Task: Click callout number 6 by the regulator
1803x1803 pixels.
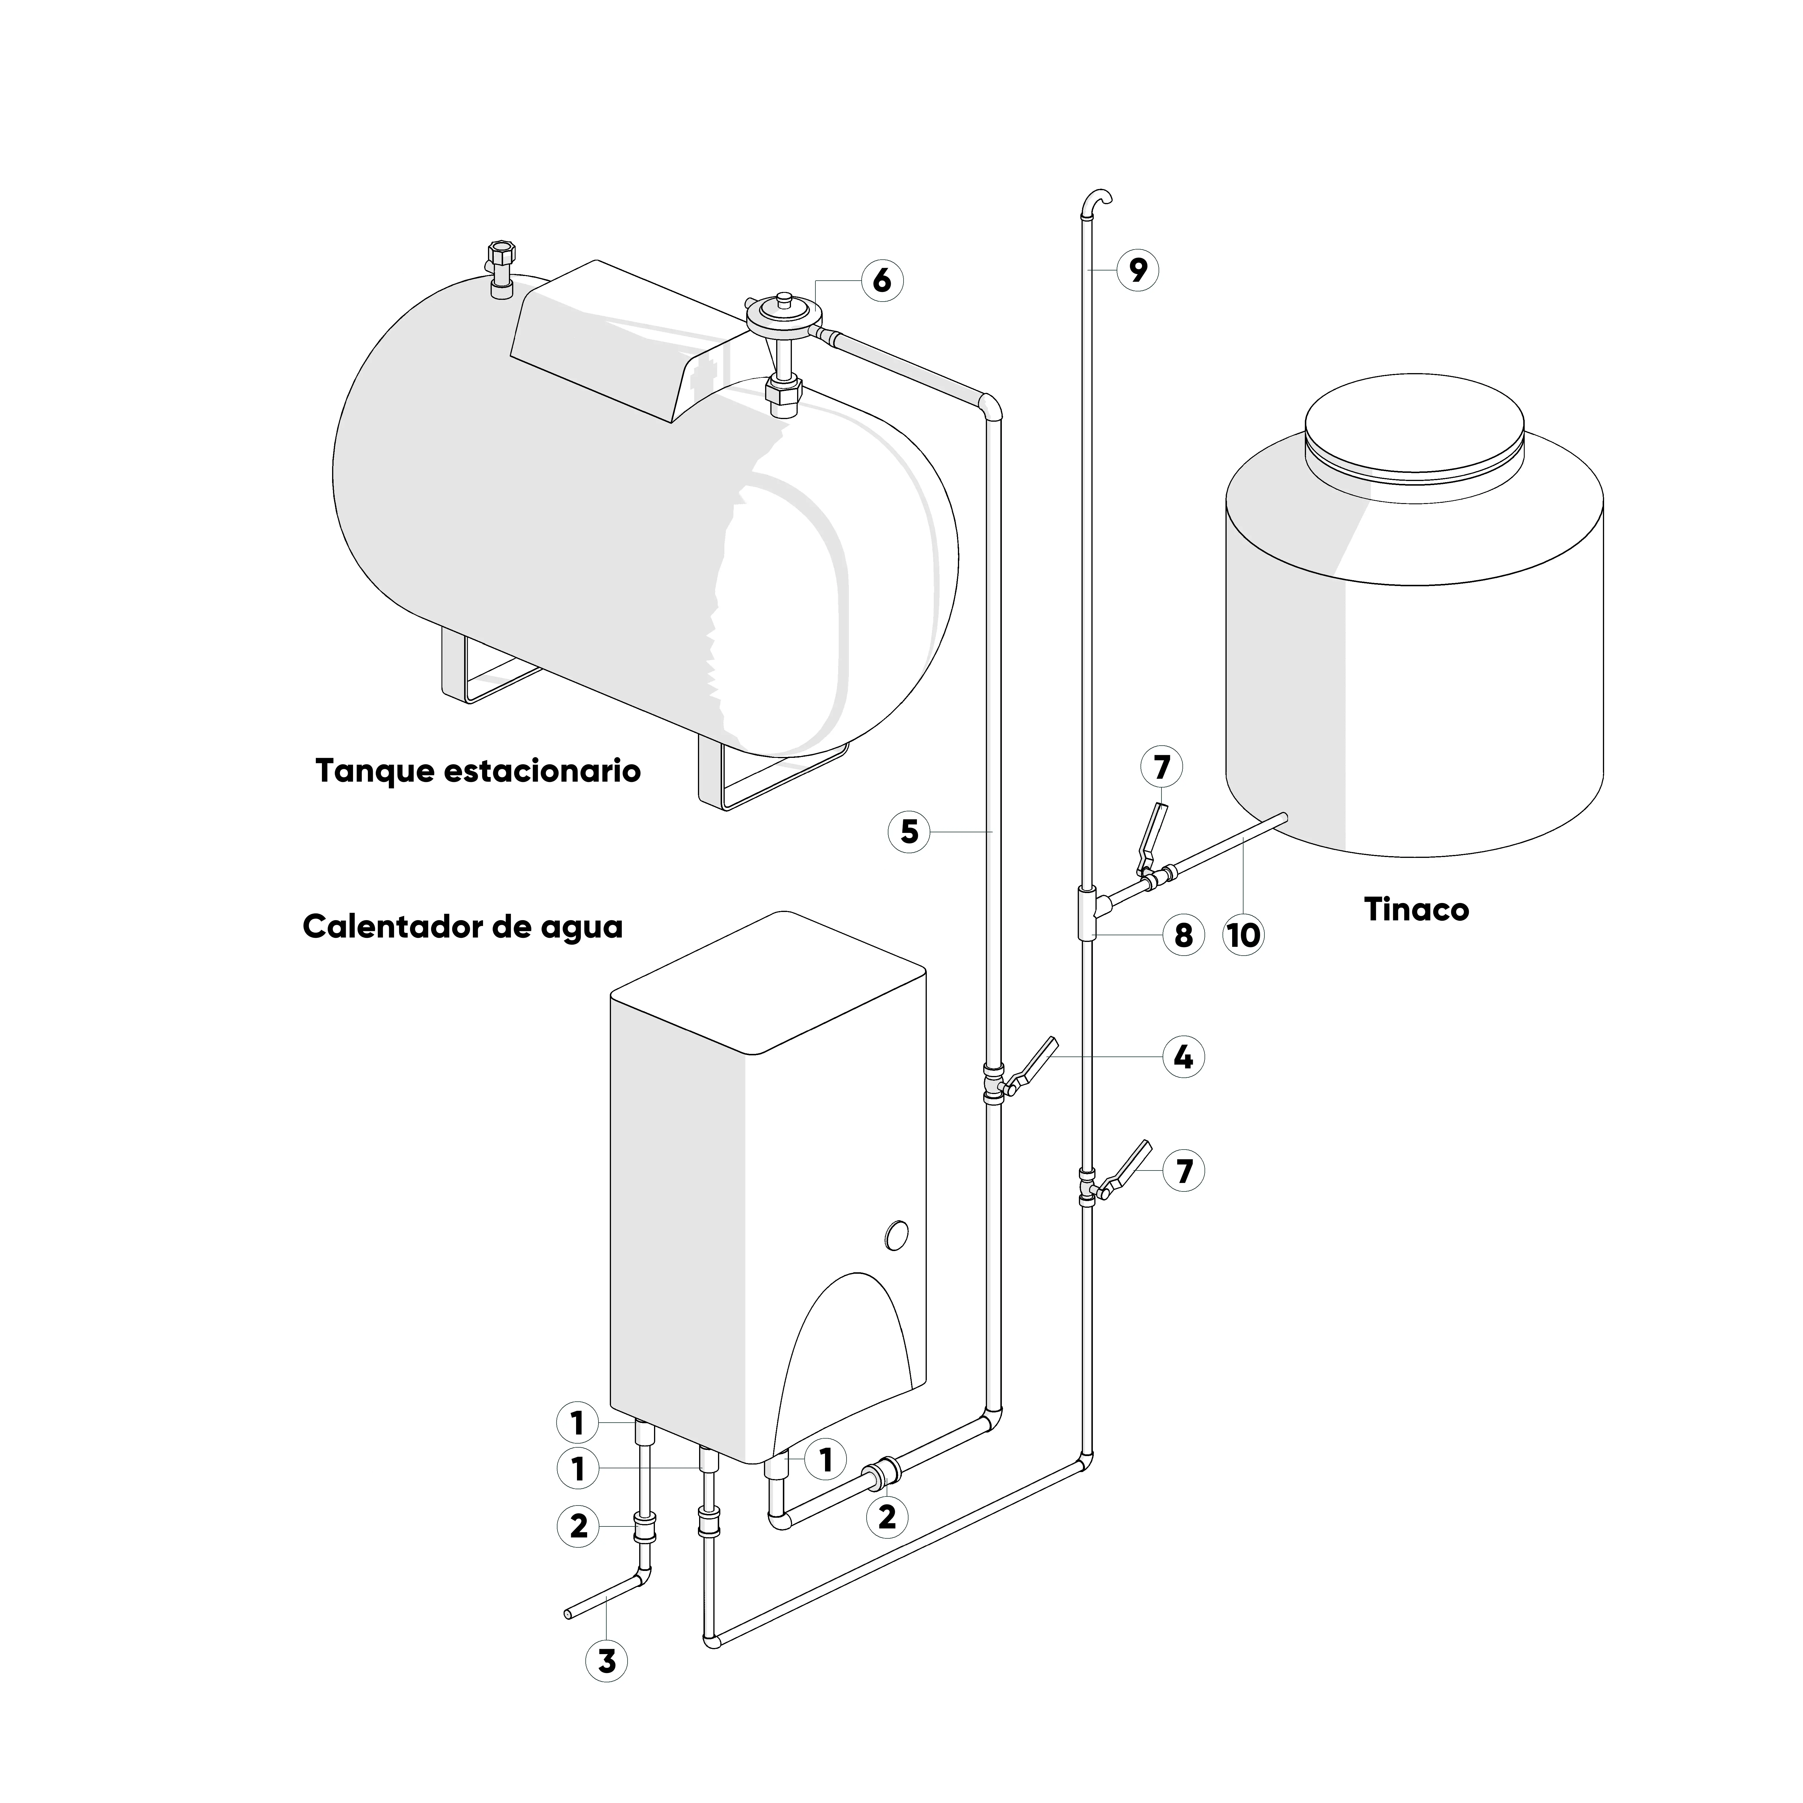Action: click(882, 280)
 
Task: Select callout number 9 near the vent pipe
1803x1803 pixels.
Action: click(1138, 270)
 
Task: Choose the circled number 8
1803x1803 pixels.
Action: click(1183, 934)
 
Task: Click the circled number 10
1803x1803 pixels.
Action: click(1243, 934)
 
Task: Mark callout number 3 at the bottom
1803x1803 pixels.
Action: click(607, 1687)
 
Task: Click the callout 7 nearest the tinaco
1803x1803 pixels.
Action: click(1161, 767)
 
